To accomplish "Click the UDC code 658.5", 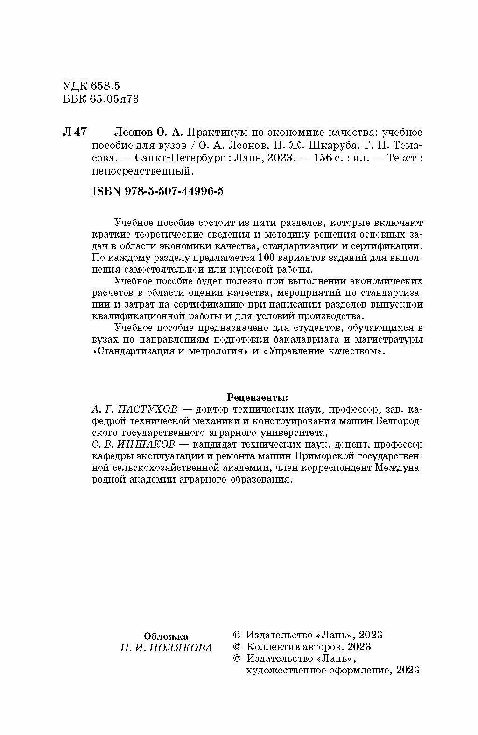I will tap(106, 86).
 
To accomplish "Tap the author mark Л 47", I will tap(74, 132).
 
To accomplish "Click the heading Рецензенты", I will tap(257, 398).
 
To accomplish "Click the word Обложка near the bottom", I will tap(166, 637).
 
